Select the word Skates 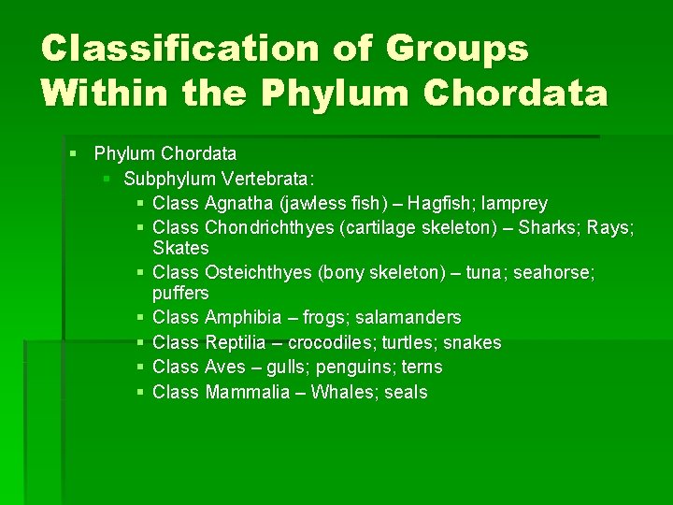pyautogui.click(x=180, y=248)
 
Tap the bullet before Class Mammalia pyautogui.click(x=139, y=392)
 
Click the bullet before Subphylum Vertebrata pyautogui.click(x=109, y=178)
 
